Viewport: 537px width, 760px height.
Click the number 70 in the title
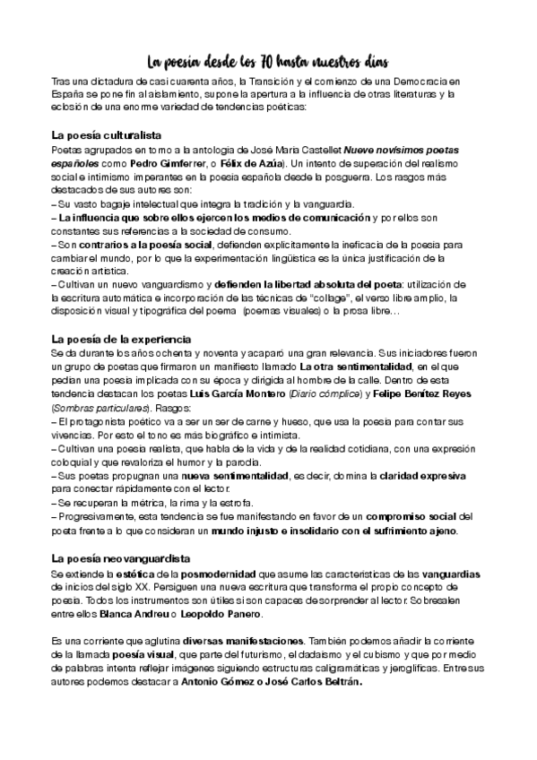pyautogui.click(x=267, y=62)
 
